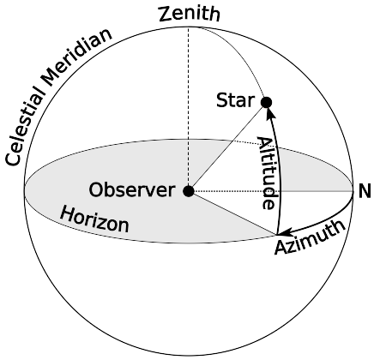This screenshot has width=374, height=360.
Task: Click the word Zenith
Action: coord(190,14)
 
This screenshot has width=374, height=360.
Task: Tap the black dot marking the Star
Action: coord(267,102)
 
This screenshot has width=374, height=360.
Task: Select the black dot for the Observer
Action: coord(189,191)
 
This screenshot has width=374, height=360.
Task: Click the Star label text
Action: coord(235,100)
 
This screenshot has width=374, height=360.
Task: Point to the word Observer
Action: coord(132,190)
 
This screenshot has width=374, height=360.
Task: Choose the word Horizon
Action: coord(95,219)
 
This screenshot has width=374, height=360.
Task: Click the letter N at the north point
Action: coord(365,191)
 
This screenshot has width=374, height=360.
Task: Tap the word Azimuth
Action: coord(311,237)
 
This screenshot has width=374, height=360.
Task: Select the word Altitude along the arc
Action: coord(268,173)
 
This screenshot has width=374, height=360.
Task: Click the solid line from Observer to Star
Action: coord(227,147)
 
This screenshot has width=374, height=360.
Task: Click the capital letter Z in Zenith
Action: coord(166,14)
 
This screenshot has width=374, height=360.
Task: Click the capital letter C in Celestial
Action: coord(14,158)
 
